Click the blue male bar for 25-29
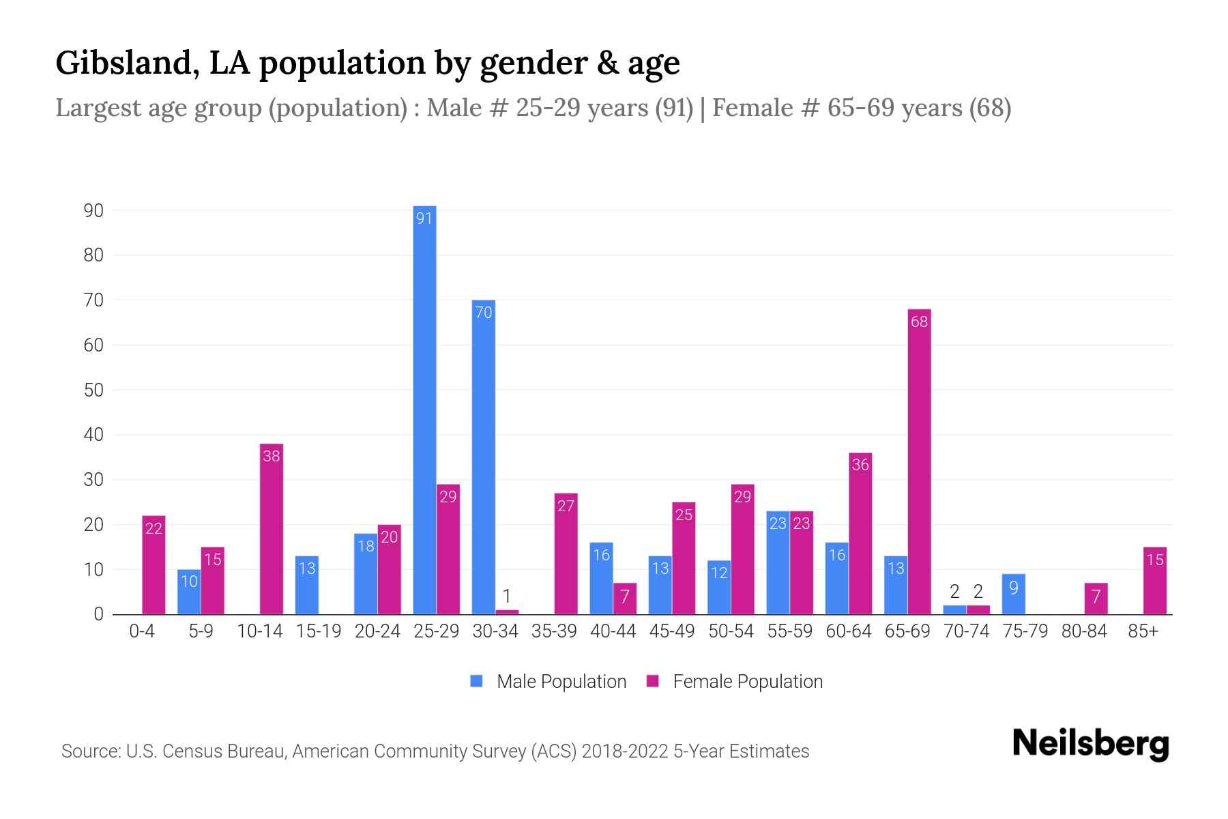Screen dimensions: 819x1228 pyautogui.click(x=424, y=409)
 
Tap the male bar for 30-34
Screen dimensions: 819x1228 pyautogui.click(x=483, y=457)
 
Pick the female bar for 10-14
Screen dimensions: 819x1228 pyautogui.click(x=272, y=529)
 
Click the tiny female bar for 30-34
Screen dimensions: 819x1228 pyautogui.click(x=507, y=612)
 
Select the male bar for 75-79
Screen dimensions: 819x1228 pyautogui.click(x=1013, y=594)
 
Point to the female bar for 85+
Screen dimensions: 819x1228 pyautogui.click(x=1154, y=581)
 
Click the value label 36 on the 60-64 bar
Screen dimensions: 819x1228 pyautogui.click(x=860, y=465)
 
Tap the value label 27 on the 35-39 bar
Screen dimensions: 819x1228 pyautogui.click(x=566, y=506)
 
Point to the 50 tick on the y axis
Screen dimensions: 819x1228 pyautogui.click(x=93, y=390)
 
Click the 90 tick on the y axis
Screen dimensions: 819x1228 pyautogui.click(x=93, y=210)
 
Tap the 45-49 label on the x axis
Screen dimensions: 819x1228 pyautogui.click(x=671, y=631)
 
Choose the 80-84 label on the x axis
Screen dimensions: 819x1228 pyautogui.click(x=1083, y=631)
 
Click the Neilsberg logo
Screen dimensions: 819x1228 pyautogui.click(x=1090, y=744)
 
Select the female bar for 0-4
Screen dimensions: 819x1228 pyautogui.click(x=153, y=565)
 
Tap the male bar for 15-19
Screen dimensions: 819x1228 pyautogui.click(x=307, y=585)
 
